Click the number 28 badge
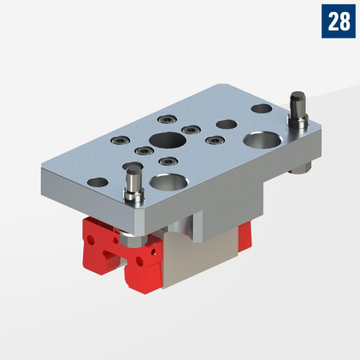point(338,21)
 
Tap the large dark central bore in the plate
point(167,142)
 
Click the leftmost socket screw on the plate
point(118,140)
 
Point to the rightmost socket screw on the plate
point(214,140)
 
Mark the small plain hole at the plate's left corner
point(97,182)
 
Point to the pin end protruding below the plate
point(303,167)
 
